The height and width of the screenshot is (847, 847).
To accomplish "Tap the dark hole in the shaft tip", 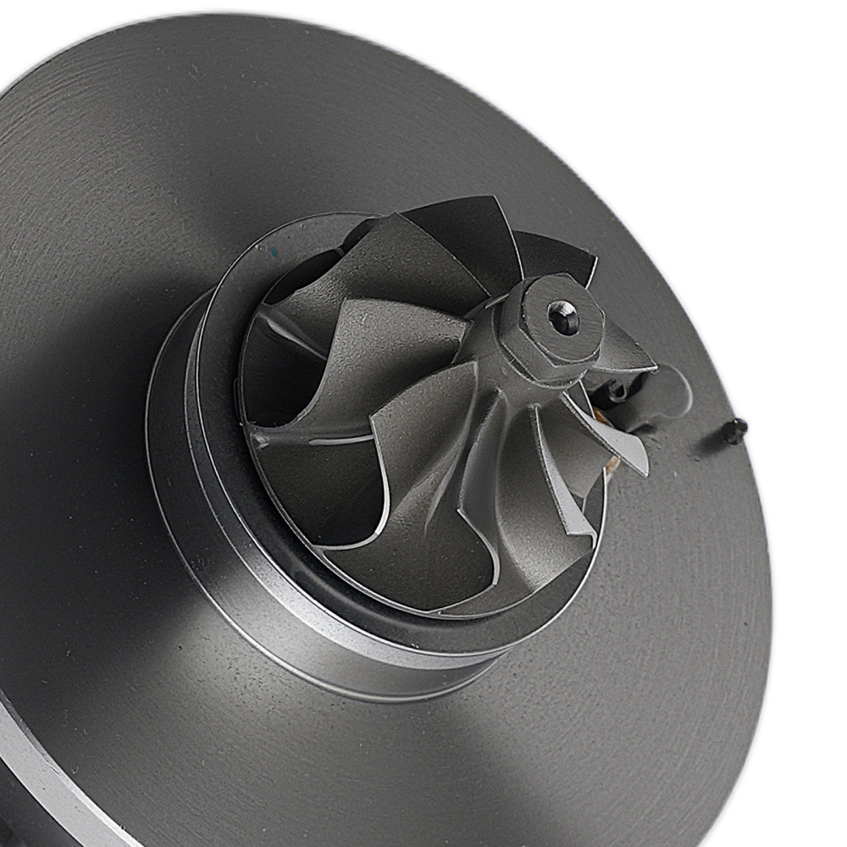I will coord(563,318).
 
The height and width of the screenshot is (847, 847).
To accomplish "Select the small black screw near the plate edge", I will coord(737,430).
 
